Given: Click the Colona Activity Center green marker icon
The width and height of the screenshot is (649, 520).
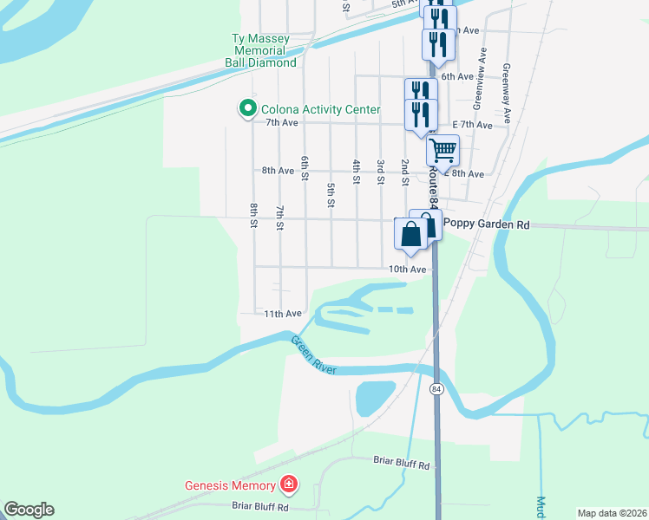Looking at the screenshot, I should click(x=247, y=109).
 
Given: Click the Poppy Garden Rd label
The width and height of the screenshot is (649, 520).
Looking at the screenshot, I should click(x=486, y=223).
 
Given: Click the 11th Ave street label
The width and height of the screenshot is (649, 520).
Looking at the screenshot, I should click(x=283, y=313).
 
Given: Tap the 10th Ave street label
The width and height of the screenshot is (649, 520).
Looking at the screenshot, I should click(x=407, y=270).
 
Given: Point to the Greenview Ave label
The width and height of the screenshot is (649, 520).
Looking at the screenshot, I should click(x=477, y=83).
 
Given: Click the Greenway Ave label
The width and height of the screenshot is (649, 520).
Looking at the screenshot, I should click(x=507, y=90).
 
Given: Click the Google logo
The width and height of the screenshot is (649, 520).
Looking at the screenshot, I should click(x=29, y=510).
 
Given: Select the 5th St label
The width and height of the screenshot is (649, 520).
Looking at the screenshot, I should click(x=331, y=195).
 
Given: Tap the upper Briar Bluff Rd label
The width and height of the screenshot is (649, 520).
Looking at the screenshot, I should click(x=401, y=465).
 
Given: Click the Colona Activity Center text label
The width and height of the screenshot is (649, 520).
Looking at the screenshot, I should click(x=322, y=109).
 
